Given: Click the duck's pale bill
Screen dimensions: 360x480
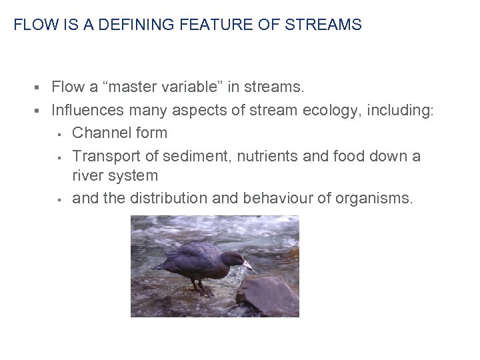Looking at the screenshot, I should click(x=247, y=265).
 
